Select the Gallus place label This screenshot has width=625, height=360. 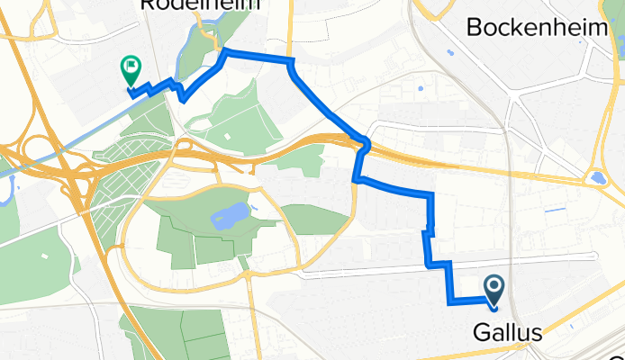tap(507, 333)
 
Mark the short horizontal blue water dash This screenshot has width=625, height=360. tap(557, 210)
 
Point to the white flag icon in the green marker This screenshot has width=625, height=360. tap(131, 65)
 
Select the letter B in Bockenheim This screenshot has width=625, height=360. tap(475, 27)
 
